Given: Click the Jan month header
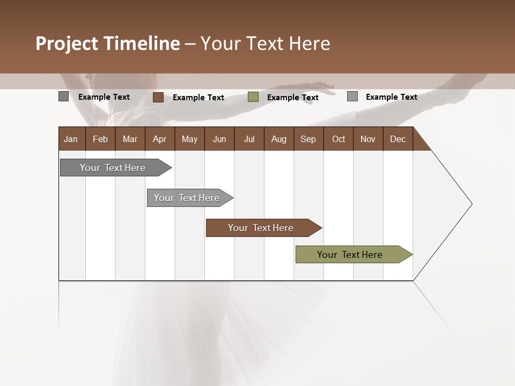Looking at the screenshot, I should (71, 139).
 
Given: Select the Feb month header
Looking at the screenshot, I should (100, 139).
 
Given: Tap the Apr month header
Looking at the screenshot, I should (159, 139).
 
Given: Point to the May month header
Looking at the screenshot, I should (189, 139).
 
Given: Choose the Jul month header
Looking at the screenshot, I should (249, 139).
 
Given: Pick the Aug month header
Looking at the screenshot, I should (278, 139).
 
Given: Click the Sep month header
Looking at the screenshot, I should (308, 139).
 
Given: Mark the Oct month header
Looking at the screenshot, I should (339, 139).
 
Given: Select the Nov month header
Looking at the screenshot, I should (368, 139).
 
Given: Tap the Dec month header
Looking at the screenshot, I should (398, 139).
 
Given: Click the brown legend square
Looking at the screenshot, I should (158, 97).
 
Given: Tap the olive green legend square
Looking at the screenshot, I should (253, 97).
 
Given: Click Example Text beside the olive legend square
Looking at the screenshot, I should (293, 98).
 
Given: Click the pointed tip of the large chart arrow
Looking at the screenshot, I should (470, 204).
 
